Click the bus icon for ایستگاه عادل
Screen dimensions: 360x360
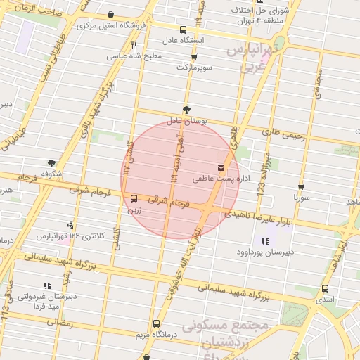click(184, 30)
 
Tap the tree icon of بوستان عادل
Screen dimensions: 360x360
click(186, 110)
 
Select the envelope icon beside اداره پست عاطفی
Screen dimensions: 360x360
click(221, 168)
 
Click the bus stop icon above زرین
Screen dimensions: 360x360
click(134, 198)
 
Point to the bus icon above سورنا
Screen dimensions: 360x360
click(302, 187)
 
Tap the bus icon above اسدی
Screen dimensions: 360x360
click(325, 288)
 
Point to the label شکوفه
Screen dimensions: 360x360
click(51, 173)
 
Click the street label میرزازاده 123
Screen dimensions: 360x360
click(265, 166)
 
